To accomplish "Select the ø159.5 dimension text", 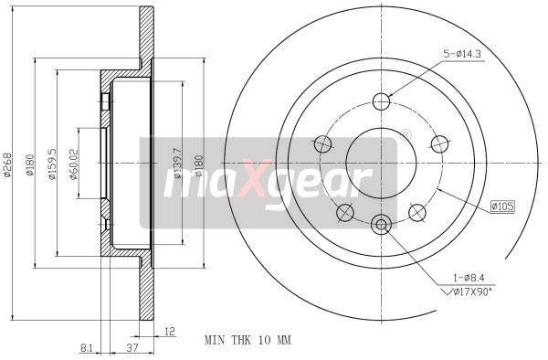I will click(52, 162).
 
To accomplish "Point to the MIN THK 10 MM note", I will click(247, 340).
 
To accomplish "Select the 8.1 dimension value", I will click(87, 348).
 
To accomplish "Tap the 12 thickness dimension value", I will click(169, 332).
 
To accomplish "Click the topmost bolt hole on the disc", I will click(381, 101).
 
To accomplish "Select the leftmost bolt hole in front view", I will click(321, 143).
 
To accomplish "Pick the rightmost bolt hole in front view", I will click(439, 143).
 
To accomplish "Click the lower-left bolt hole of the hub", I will click(344, 213).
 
